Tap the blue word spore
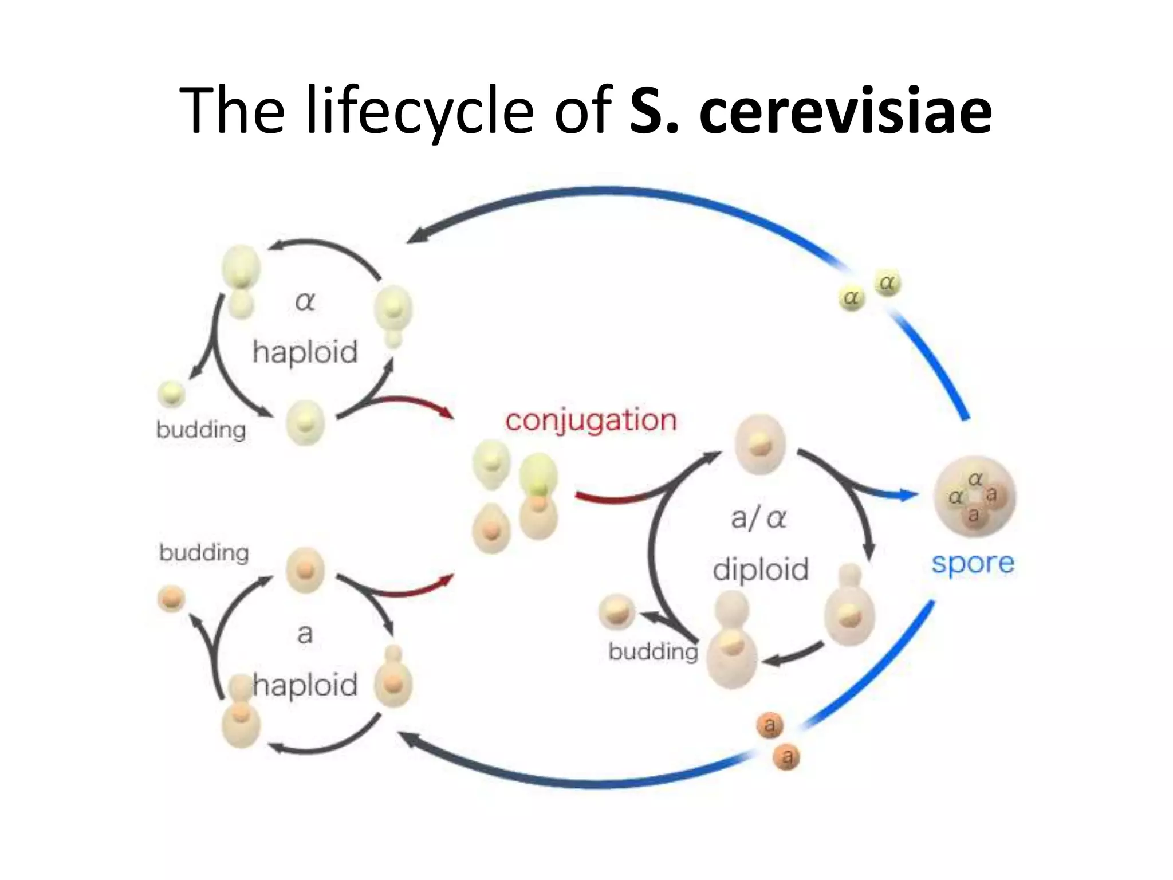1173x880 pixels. tap(973, 564)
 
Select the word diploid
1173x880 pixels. tap(761, 569)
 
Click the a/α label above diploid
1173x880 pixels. tap(758, 518)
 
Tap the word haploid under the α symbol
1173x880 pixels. tap(305, 352)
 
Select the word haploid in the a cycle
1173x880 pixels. tap(305, 685)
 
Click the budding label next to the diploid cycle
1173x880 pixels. tap(653, 652)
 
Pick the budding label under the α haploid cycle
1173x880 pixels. tap(201, 430)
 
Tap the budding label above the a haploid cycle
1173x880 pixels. tap(204, 553)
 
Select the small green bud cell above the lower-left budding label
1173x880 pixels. tap(171, 394)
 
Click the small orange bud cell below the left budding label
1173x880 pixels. tap(171, 599)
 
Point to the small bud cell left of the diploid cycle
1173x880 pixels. tap(616, 612)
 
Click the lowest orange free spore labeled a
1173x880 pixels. tap(787, 757)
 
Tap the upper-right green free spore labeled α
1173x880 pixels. tap(887, 283)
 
